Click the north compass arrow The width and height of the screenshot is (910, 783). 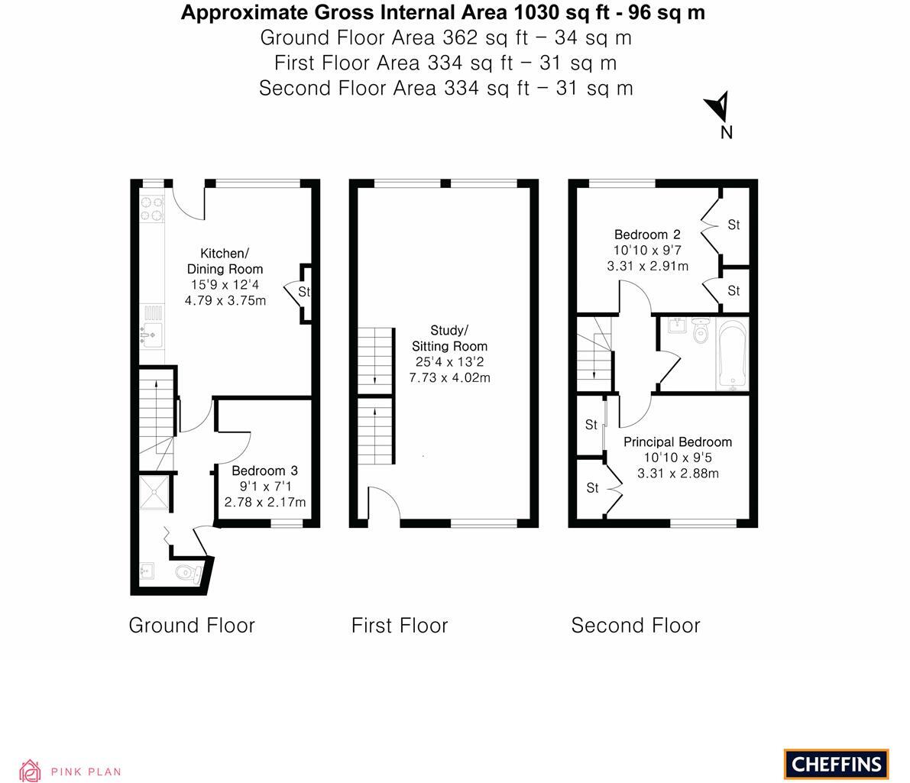[718, 108]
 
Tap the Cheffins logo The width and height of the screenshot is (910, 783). [836, 763]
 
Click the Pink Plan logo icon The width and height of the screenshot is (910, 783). [30, 770]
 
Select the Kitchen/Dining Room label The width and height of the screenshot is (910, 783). [225, 260]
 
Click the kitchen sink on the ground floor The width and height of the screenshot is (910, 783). [152, 334]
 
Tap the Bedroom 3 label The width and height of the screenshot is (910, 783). [264, 471]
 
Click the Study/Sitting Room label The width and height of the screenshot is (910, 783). [449, 338]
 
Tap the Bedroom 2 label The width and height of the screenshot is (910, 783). [647, 235]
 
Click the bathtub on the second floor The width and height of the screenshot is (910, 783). [732, 355]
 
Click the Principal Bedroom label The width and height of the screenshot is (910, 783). [677, 442]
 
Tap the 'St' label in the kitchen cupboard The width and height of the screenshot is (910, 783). [304, 292]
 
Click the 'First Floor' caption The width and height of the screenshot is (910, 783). [400, 626]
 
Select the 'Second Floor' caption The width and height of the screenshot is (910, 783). [635, 626]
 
